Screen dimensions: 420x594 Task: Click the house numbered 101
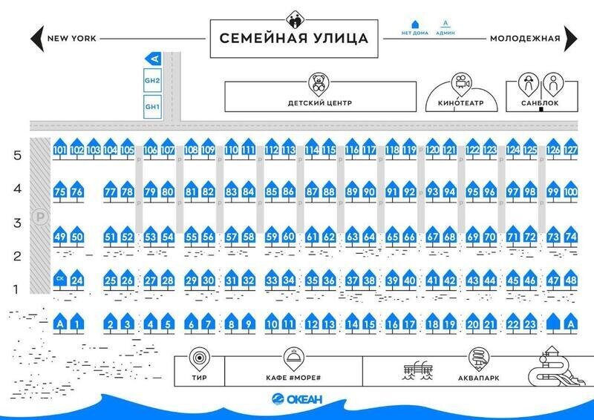(60, 150)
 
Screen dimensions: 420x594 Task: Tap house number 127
(570, 150)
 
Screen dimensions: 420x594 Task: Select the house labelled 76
(77, 192)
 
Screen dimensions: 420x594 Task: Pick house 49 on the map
(61, 237)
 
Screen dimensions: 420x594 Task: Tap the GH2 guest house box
(152, 80)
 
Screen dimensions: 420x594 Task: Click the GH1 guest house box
(152, 106)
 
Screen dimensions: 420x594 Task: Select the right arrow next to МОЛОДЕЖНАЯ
(570, 37)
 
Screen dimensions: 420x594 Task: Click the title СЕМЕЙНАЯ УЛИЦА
(295, 38)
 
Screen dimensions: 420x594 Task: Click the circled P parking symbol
(39, 217)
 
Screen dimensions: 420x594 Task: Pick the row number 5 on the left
(17, 155)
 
